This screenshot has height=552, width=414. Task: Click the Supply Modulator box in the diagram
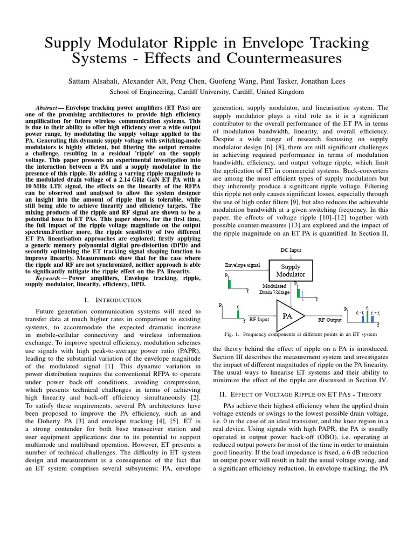pos(291,271)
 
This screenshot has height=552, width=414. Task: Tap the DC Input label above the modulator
pos(291,250)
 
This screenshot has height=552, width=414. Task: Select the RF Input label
pos(260,320)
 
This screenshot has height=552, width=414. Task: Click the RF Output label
pos(329,320)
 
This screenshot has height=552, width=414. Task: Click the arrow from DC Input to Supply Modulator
pos(291,257)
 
